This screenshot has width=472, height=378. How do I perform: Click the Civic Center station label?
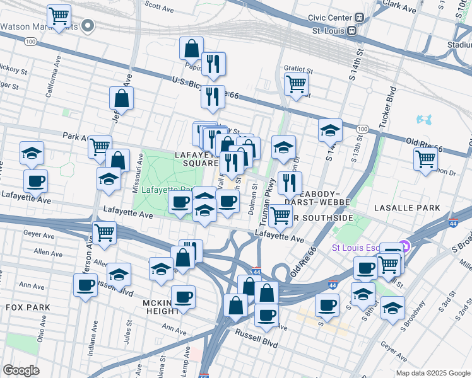click(330, 18)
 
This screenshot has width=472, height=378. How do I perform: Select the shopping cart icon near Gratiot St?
click(295, 83)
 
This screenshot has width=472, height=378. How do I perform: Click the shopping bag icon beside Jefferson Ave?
click(121, 99)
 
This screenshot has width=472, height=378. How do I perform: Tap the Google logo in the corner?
click(21, 370)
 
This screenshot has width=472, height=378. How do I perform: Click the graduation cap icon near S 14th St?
click(330, 130)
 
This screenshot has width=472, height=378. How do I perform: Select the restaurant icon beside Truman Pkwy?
click(290, 183)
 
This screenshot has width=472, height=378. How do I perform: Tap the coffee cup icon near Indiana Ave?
click(85, 285)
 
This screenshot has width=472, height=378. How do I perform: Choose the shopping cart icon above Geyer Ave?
click(104, 232)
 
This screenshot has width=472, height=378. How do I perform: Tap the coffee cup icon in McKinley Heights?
click(183, 297)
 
